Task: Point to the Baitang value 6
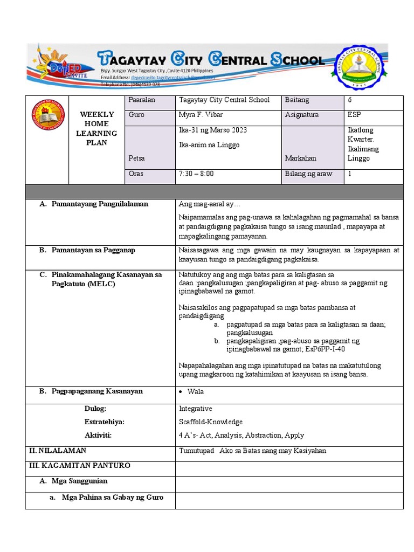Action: [351, 100]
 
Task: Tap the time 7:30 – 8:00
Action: [196, 174]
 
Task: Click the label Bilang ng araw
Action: [308, 174]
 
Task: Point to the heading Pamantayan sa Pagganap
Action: [93, 250]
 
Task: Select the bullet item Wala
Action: [196, 392]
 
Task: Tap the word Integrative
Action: [196, 409]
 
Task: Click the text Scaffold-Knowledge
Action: [211, 422]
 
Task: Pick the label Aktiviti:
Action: [98, 435]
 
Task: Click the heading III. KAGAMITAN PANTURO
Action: [79, 465]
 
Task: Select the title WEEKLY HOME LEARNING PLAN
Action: [97, 128]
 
